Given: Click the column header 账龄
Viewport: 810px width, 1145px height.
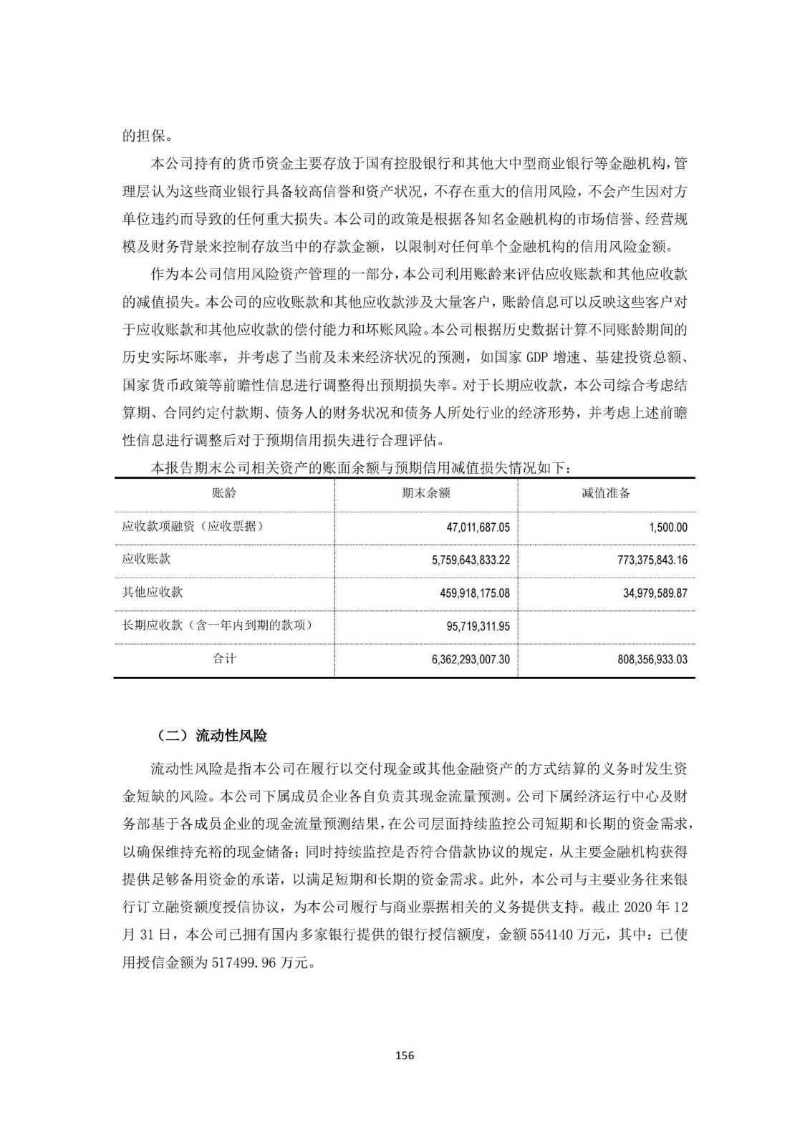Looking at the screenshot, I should (224, 493).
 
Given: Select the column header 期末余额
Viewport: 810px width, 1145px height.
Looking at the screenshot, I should (426, 493).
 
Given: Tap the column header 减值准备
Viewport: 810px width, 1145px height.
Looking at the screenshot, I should (606, 493).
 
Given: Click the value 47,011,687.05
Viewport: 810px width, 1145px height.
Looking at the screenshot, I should (478, 527).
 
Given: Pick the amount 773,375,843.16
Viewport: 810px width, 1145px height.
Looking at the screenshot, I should (652, 560).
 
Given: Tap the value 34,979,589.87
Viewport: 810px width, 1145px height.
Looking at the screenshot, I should (655, 593).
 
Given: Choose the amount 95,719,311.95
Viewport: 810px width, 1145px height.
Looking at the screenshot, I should (478, 626).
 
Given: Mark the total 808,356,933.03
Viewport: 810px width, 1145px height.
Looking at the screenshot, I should (652, 659).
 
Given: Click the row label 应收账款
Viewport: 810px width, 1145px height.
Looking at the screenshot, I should (146, 559).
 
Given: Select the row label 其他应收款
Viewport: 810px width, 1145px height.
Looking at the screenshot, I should (153, 592).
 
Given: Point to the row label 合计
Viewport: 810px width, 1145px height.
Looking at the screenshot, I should (224, 658).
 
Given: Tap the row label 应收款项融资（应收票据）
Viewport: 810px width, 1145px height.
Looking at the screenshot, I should (193, 526).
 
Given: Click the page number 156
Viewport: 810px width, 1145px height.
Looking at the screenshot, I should (405, 1055).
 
